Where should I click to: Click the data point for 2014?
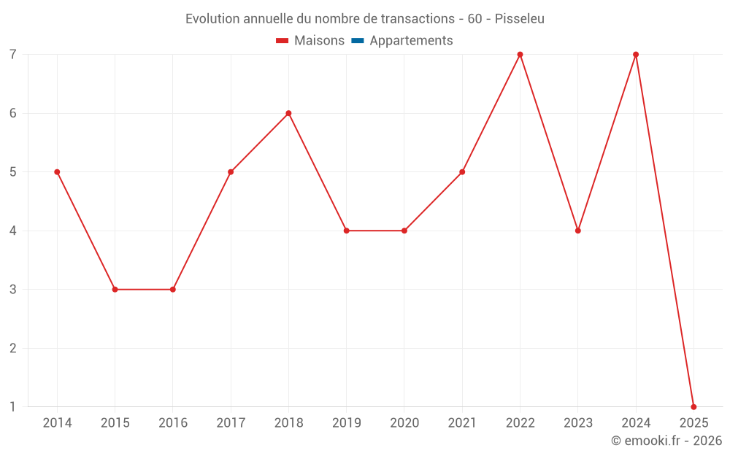click(57, 172)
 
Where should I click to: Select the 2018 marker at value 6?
click(288, 113)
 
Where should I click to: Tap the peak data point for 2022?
click(520, 55)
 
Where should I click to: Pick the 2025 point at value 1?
click(693, 406)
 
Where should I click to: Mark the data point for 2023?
click(577, 231)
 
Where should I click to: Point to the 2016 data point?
click(173, 290)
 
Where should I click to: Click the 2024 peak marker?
click(636, 55)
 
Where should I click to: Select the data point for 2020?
click(404, 231)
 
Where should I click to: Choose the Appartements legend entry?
click(411, 41)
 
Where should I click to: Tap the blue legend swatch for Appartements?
click(358, 41)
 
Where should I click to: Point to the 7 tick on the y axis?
click(13, 55)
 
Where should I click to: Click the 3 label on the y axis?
click(13, 290)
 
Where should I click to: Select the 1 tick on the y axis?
click(13, 406)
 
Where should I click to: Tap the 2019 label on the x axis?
click(347, 423)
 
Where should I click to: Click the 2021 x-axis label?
click(462, 423)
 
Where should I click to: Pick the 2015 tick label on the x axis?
click(115, 423)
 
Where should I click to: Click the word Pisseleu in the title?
click(519, 19)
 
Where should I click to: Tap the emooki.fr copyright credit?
click(666, 441)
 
